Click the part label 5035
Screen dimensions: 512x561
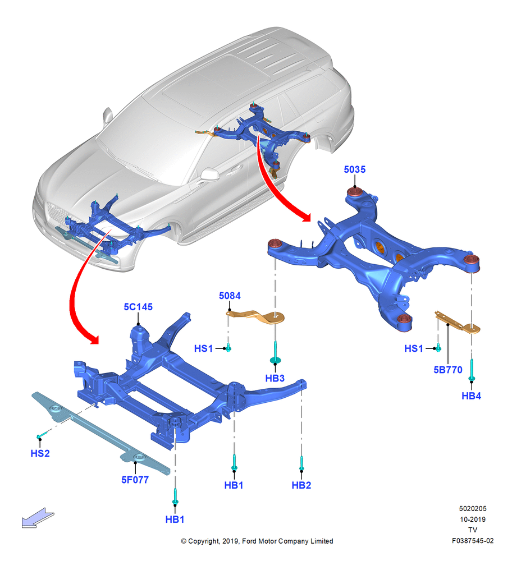coord(354,169)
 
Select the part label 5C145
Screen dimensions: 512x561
coord(138,307)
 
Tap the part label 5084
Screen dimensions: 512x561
coord(230,296)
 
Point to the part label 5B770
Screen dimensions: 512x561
coord(448,370)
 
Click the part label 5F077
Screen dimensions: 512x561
coord(135,480)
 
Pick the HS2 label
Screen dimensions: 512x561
coord(40,453)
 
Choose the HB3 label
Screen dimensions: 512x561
coord(275,378)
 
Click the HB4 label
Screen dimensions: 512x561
coord(471,396)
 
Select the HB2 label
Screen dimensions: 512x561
coord(301,485)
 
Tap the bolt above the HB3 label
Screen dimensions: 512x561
coord(275,352)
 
